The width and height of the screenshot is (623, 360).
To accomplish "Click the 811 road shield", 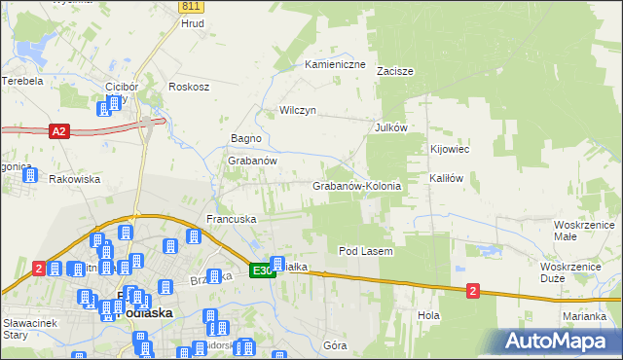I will (x=190, y=6).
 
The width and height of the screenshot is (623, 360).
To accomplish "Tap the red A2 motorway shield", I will (x=58, y=130).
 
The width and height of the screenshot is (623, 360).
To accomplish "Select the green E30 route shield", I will (x=261, y=270).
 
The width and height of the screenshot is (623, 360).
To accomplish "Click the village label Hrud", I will (x=193, y=22).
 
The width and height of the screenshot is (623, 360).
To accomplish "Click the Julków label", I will (x=390, y=127).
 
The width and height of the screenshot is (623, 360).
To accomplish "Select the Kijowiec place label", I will (x=451, y=150).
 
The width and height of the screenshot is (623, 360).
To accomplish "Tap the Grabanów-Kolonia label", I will (x=356, y=185).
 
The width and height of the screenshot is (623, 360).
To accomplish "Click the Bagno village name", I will (x=245, y=139).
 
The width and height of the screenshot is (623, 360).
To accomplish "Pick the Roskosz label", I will (x=189, y=86).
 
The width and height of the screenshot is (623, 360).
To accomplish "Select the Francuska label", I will (x=231, y=220).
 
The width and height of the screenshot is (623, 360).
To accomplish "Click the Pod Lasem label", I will (x=365, y=251).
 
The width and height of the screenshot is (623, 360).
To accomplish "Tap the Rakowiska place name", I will (x=75, y=179).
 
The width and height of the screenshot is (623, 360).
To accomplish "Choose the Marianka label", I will (x=585, y=316).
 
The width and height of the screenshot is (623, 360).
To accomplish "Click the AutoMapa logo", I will (x=560, y=342).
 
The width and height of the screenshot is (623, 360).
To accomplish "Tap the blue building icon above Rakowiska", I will (x=29, y=176).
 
